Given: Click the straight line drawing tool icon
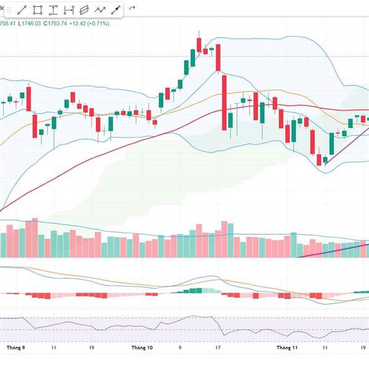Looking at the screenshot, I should coord(22,10).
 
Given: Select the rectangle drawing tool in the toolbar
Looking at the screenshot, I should coord(38,10).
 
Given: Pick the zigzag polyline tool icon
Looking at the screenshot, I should coord(100,10).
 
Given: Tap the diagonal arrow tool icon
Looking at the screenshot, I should coord(116,10).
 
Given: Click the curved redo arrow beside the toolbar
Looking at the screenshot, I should coord(132,9).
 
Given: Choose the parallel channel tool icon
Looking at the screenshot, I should coord(84,10).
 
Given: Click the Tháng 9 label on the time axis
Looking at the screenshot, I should coord(15,347).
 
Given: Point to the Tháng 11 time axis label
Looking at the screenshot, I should coord(287,347).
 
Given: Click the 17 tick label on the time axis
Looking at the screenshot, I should coord(218,347).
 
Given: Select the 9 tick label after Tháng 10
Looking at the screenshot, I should coord(180,347).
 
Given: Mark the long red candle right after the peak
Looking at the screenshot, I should coord(224,101).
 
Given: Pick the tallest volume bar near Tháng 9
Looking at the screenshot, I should coord(35,237).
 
